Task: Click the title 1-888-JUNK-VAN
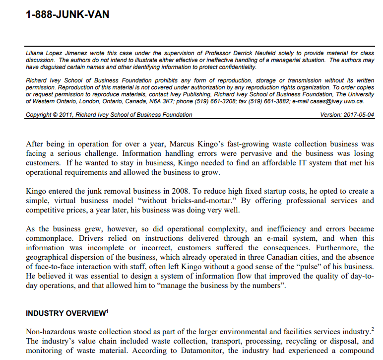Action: coord(67,14)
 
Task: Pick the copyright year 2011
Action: coord(65,115)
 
